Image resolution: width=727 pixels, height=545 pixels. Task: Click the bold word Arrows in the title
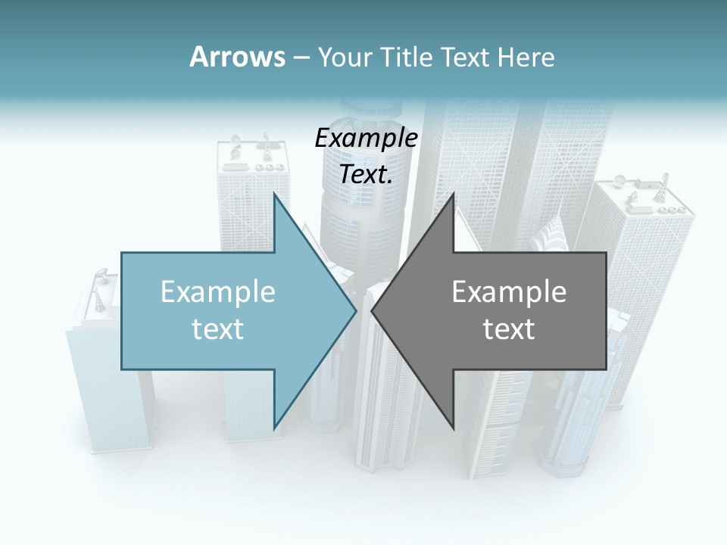tap(236, 57)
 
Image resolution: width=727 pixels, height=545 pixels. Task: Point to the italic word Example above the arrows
tap(366, 139)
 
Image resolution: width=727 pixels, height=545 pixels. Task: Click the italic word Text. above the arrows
tap(366, 175)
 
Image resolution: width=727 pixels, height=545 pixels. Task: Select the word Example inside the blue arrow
tap(218, 292)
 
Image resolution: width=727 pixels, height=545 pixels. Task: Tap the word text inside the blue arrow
tap(218, 329)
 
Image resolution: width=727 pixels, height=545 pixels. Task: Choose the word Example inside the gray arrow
tap(509, 292)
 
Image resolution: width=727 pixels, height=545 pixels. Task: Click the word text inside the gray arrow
tap(509, 329)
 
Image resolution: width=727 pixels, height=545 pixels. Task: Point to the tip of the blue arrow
tap(356, 310)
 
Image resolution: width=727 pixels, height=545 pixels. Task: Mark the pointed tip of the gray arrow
tap(372, 310)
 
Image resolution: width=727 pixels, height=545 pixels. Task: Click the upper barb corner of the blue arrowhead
tap(274, 194)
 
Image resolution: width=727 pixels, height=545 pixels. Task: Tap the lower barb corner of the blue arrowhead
tap(274, 427)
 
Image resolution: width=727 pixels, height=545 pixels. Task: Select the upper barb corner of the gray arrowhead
tap(454, 194)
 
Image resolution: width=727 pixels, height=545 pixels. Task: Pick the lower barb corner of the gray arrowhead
tap(454, 427)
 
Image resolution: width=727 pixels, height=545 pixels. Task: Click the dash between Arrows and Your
tap(301, 58)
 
